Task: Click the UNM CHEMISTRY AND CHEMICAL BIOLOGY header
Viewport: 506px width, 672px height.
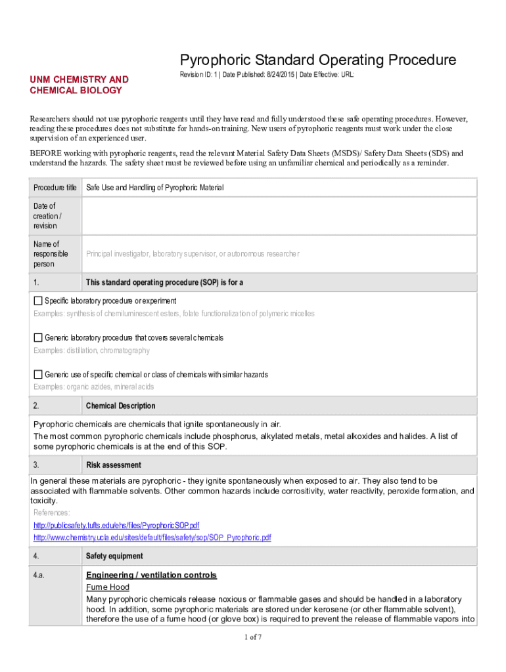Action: click(79, 85)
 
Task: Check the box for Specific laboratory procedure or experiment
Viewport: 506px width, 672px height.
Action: click(38, 301)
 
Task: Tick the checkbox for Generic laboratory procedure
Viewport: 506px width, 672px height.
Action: click(38, 337)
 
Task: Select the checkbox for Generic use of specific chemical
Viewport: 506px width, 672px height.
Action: click(38, 374)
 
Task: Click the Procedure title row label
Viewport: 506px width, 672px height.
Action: click(55, 188)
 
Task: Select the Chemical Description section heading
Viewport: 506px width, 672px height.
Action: click(120, 406)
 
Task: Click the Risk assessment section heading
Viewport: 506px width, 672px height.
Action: click(113, 465)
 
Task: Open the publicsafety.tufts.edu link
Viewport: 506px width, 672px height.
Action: click(116, 526)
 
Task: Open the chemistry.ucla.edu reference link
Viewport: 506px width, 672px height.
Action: click(152, 537)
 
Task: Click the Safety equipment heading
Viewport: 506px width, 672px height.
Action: click(114, 556)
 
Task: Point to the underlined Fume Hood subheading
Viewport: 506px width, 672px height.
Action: click(108, 587)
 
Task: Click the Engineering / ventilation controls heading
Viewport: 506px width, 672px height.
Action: click(151, 576)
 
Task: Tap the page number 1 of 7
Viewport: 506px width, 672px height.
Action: click(253, 637)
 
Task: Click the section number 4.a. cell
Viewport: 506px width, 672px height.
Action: click(41, 576)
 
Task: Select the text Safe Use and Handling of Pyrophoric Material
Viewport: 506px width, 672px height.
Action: click(155, 188)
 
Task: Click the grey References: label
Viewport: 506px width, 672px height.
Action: click(52, 513)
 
